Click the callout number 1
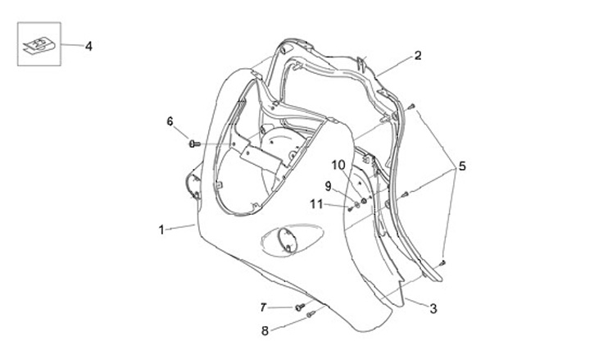point(161,230)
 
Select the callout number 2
point(417,56)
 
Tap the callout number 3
point(433,308)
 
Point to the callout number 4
point(88,47)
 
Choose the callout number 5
point(462,166)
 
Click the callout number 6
point(170,121)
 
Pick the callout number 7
point(264,308)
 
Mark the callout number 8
point(264,331)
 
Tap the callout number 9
point(328,186)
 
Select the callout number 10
point(339,165)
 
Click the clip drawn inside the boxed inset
point(38,46)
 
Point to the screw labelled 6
point(193,144)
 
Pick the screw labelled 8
point(309,314)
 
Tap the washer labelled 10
point(364,199)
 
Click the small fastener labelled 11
point(349,206)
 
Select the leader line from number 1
point(180,228)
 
